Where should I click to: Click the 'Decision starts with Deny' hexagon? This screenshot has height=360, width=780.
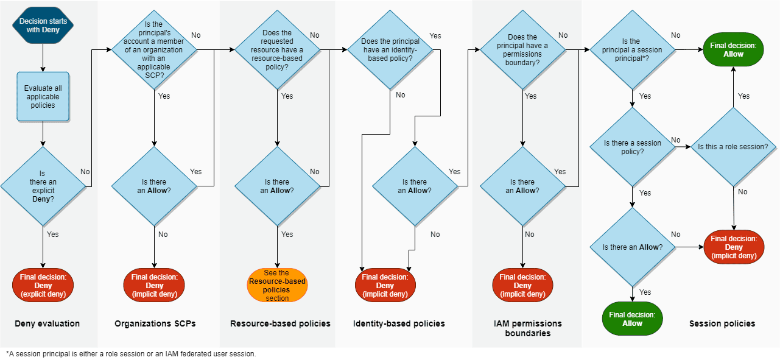(x=43, y=25)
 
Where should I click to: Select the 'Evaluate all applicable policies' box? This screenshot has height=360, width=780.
(x=43, y=96)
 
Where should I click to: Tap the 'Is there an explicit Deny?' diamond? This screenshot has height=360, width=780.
(x=43, y=186)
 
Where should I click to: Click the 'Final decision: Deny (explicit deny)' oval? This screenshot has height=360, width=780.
(x=43, y=285)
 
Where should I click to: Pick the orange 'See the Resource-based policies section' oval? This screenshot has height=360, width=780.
(x=277, y=285)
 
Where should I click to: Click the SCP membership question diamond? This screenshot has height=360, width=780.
(x=154, y=50)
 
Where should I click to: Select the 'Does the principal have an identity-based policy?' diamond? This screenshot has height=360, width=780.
(x=390, y=50)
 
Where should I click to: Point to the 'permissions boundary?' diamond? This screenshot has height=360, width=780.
(x=522, y=50)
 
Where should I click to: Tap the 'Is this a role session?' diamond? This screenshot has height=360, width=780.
(x=733, y=147)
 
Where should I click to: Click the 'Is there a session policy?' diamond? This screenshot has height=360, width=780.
(x=633, y=147)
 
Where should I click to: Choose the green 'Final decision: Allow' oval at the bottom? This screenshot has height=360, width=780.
(x=633, y=319)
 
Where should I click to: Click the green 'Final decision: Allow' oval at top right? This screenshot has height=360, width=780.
(x=733, y=49)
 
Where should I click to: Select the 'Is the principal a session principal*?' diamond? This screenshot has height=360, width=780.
(x=633, y=50)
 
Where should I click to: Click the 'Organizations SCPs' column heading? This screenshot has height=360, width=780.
(x=155, y=323)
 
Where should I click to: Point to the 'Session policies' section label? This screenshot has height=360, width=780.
(x=722, y=323)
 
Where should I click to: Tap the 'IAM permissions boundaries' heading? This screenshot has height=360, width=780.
(x=528, y=328)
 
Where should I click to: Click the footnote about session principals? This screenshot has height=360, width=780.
(x=131, y=353)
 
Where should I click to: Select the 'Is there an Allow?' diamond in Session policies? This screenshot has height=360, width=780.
(x=633, y=247)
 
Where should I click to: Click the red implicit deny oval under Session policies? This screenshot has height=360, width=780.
(x=734, y=247)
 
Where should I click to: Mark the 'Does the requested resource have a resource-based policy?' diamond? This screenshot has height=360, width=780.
(x=277, y=50)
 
